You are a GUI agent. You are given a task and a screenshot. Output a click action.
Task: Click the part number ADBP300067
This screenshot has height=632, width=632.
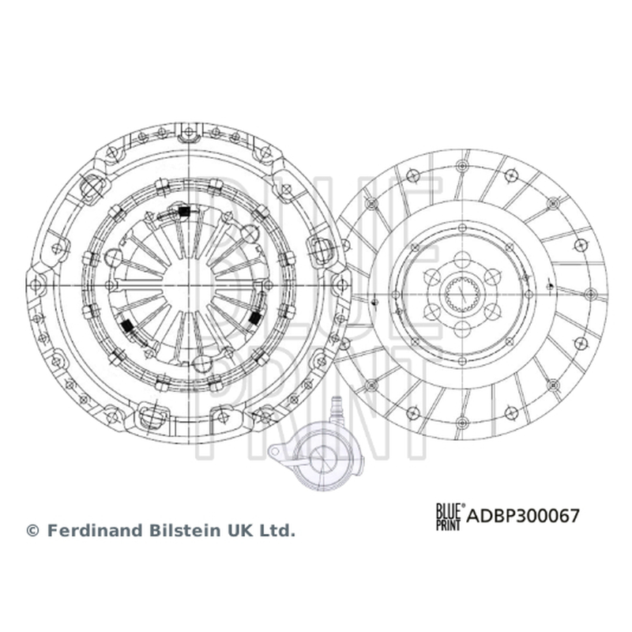click(523, 516)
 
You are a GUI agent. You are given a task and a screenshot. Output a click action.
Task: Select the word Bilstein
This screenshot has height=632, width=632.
click(185, 530)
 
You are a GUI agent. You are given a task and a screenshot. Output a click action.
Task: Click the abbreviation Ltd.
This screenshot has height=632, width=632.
click(278, 530)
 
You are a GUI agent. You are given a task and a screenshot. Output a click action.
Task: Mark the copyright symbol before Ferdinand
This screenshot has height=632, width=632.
click(32, 531)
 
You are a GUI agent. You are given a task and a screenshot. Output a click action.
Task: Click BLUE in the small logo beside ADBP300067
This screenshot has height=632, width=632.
click(448, 510)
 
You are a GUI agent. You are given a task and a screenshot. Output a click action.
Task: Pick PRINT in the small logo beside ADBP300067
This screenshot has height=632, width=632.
click(448, 524)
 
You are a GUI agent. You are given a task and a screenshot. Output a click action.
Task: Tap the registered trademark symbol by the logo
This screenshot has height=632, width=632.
click(463, 505)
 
